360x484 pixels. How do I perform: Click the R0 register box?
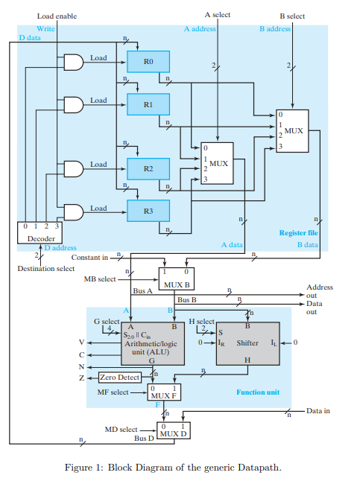[x=148, y=63]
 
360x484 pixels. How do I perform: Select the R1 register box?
[x=148, y=105]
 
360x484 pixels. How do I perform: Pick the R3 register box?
[x=148, y=211]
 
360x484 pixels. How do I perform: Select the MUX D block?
[x=173, y=430]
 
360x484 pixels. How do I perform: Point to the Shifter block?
[x=247, y=343]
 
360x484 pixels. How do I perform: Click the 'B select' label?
[x=292, y=15]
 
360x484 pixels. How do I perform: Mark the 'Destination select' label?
[x=46, y=268]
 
